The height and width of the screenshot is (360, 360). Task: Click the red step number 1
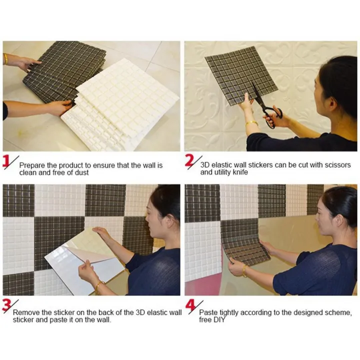[x=7, y=162]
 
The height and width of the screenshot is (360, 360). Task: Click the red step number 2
[x=189, y=161]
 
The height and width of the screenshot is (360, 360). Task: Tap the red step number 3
[x=7, y=305]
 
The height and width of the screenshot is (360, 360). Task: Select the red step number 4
[x=189, y=305]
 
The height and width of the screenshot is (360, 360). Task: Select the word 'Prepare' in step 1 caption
[x=32, y=165]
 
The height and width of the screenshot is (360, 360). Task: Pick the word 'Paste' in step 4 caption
[x=209, y=312]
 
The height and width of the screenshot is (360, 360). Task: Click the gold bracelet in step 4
[x=245, y=271]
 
